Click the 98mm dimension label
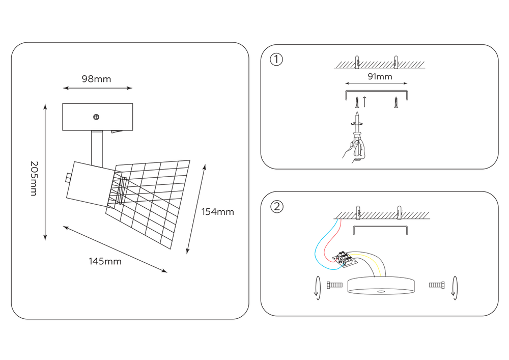[96, 79]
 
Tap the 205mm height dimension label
[34, 178]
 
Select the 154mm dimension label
[217, 212]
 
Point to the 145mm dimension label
[105, 261]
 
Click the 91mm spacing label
[380, 76]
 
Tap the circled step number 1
[276, 60]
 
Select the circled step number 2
[277, 207]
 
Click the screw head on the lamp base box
[96, 117]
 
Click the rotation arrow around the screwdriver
[357, 123]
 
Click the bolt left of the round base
[334, 285]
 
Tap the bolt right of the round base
[437, 285]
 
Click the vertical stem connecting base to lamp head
[97, 148]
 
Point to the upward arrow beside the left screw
[364, 102]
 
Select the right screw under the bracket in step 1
[396, 102]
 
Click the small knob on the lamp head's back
[69, 178]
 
